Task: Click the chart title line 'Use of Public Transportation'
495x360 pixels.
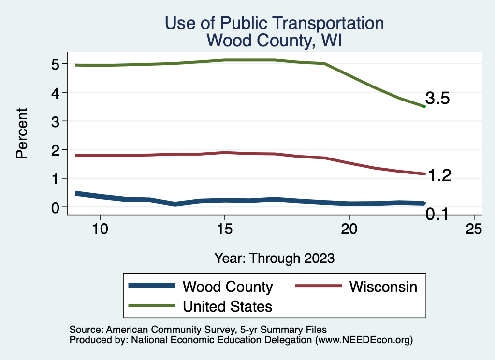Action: [x=274, y=23]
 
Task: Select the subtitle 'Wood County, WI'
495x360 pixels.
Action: [x=274, y=40]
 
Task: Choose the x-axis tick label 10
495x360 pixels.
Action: [x=100, y=230]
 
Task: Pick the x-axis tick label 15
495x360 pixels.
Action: [x=224, y=230]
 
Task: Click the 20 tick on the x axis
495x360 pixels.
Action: [x=349, y=230]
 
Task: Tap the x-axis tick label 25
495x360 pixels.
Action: [x=474, y=230]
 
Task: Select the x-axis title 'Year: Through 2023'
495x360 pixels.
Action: [x=274, y=258]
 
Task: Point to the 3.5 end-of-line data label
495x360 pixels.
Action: [x=437, y=99]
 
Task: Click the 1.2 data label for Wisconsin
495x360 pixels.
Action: [x=439, y=176]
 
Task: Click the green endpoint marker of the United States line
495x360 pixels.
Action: [x=424, y=106]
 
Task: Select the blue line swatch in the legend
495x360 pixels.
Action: [x=151, y=287]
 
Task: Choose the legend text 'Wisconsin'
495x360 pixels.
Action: [x=383, y=287]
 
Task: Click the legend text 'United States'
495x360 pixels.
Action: [x=227, y=306]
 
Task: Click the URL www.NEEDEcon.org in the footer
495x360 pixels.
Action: [x=364, y=340]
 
